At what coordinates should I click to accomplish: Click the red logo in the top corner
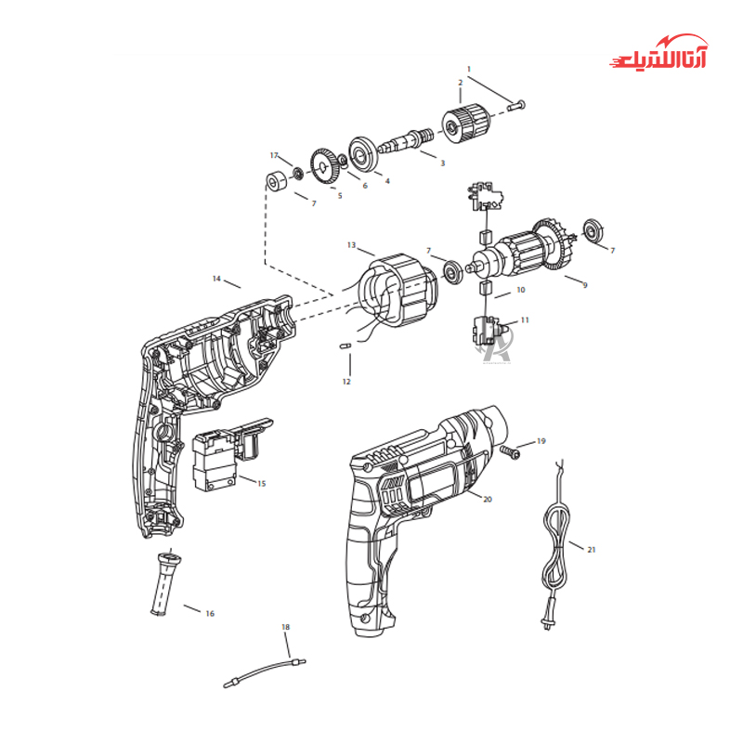(658, 52)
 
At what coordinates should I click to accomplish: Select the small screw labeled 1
(516, 105)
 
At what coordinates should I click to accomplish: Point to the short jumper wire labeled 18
(265, 671)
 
